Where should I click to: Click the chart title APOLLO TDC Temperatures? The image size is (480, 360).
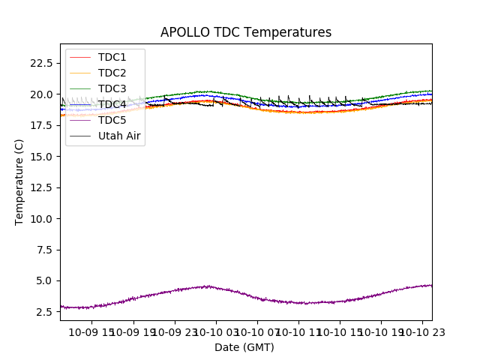tap(246, 32)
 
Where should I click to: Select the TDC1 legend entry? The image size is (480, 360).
tap(112, 57)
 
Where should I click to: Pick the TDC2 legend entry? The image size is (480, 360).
tap(112, 73)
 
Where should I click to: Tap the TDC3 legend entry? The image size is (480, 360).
tap(112, 88)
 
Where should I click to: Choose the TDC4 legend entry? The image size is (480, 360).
tap(112, 104)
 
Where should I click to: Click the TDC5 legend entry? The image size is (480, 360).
tap(112, 120)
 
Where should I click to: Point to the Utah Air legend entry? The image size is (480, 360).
tap(119, 136)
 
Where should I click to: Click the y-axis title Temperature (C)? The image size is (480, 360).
tap(19, 181)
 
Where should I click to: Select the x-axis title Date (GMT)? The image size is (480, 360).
tap(244, 347)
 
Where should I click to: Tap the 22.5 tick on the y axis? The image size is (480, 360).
tap(41, 63)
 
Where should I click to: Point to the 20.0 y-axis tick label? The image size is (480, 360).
tap(41, 94)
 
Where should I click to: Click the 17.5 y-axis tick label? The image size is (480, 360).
tap(41, 125)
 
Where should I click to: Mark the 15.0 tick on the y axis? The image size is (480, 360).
tap(41, 157)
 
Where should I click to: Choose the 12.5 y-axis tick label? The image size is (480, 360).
tap(41, 187)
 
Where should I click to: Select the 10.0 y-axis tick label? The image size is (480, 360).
tap(41, 219)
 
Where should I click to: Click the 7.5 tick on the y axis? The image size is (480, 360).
tap(44, 250)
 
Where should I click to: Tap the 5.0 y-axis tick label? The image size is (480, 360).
tap(44, 280)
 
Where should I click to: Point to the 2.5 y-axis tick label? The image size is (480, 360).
tap(44, 312)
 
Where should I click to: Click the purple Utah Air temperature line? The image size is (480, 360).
tap(300, 303)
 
